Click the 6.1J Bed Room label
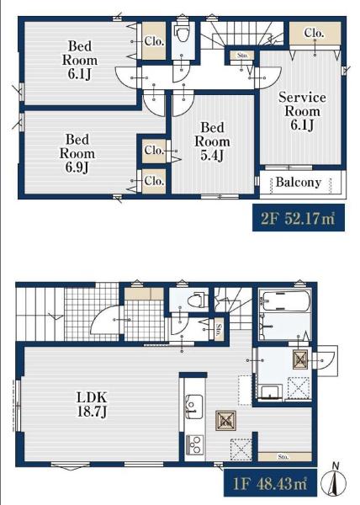[79, 60]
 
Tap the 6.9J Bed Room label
[77, 153]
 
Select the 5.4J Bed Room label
[212, 141]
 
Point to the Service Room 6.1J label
[302, 111]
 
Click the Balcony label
[299, 183]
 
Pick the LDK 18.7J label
[92, 404]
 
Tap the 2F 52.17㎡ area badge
[299, 218]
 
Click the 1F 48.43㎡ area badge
[270, 483]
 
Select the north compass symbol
[336, 481]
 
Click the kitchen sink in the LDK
[194, 407]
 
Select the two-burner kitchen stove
[194, 444]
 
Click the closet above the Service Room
[315, 34]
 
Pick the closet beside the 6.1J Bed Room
[154, 41]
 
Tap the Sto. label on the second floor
[242, 55]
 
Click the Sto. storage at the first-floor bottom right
[284, 457]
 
